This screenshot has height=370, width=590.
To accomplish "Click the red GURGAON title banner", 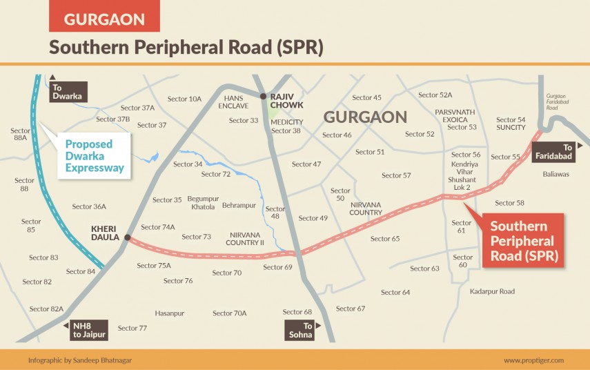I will point(104,19).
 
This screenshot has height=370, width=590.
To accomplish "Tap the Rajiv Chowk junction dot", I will point(263,96).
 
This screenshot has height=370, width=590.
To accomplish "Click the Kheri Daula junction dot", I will point(127,238).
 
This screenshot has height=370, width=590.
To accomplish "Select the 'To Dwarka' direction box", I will point(67,92).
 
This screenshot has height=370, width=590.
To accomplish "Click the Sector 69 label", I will point(278,267).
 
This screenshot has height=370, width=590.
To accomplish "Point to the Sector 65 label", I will point(385,239).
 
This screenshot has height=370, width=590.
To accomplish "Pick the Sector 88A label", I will point(21,134).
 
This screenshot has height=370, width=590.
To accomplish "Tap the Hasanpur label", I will point(169,313).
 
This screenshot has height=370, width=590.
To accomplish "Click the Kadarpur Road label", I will point(492,292).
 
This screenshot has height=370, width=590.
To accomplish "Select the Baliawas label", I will point(555,175).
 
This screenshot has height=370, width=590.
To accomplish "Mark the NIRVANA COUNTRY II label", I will point(246,239).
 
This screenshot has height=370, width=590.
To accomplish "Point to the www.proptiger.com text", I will point(533,360).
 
